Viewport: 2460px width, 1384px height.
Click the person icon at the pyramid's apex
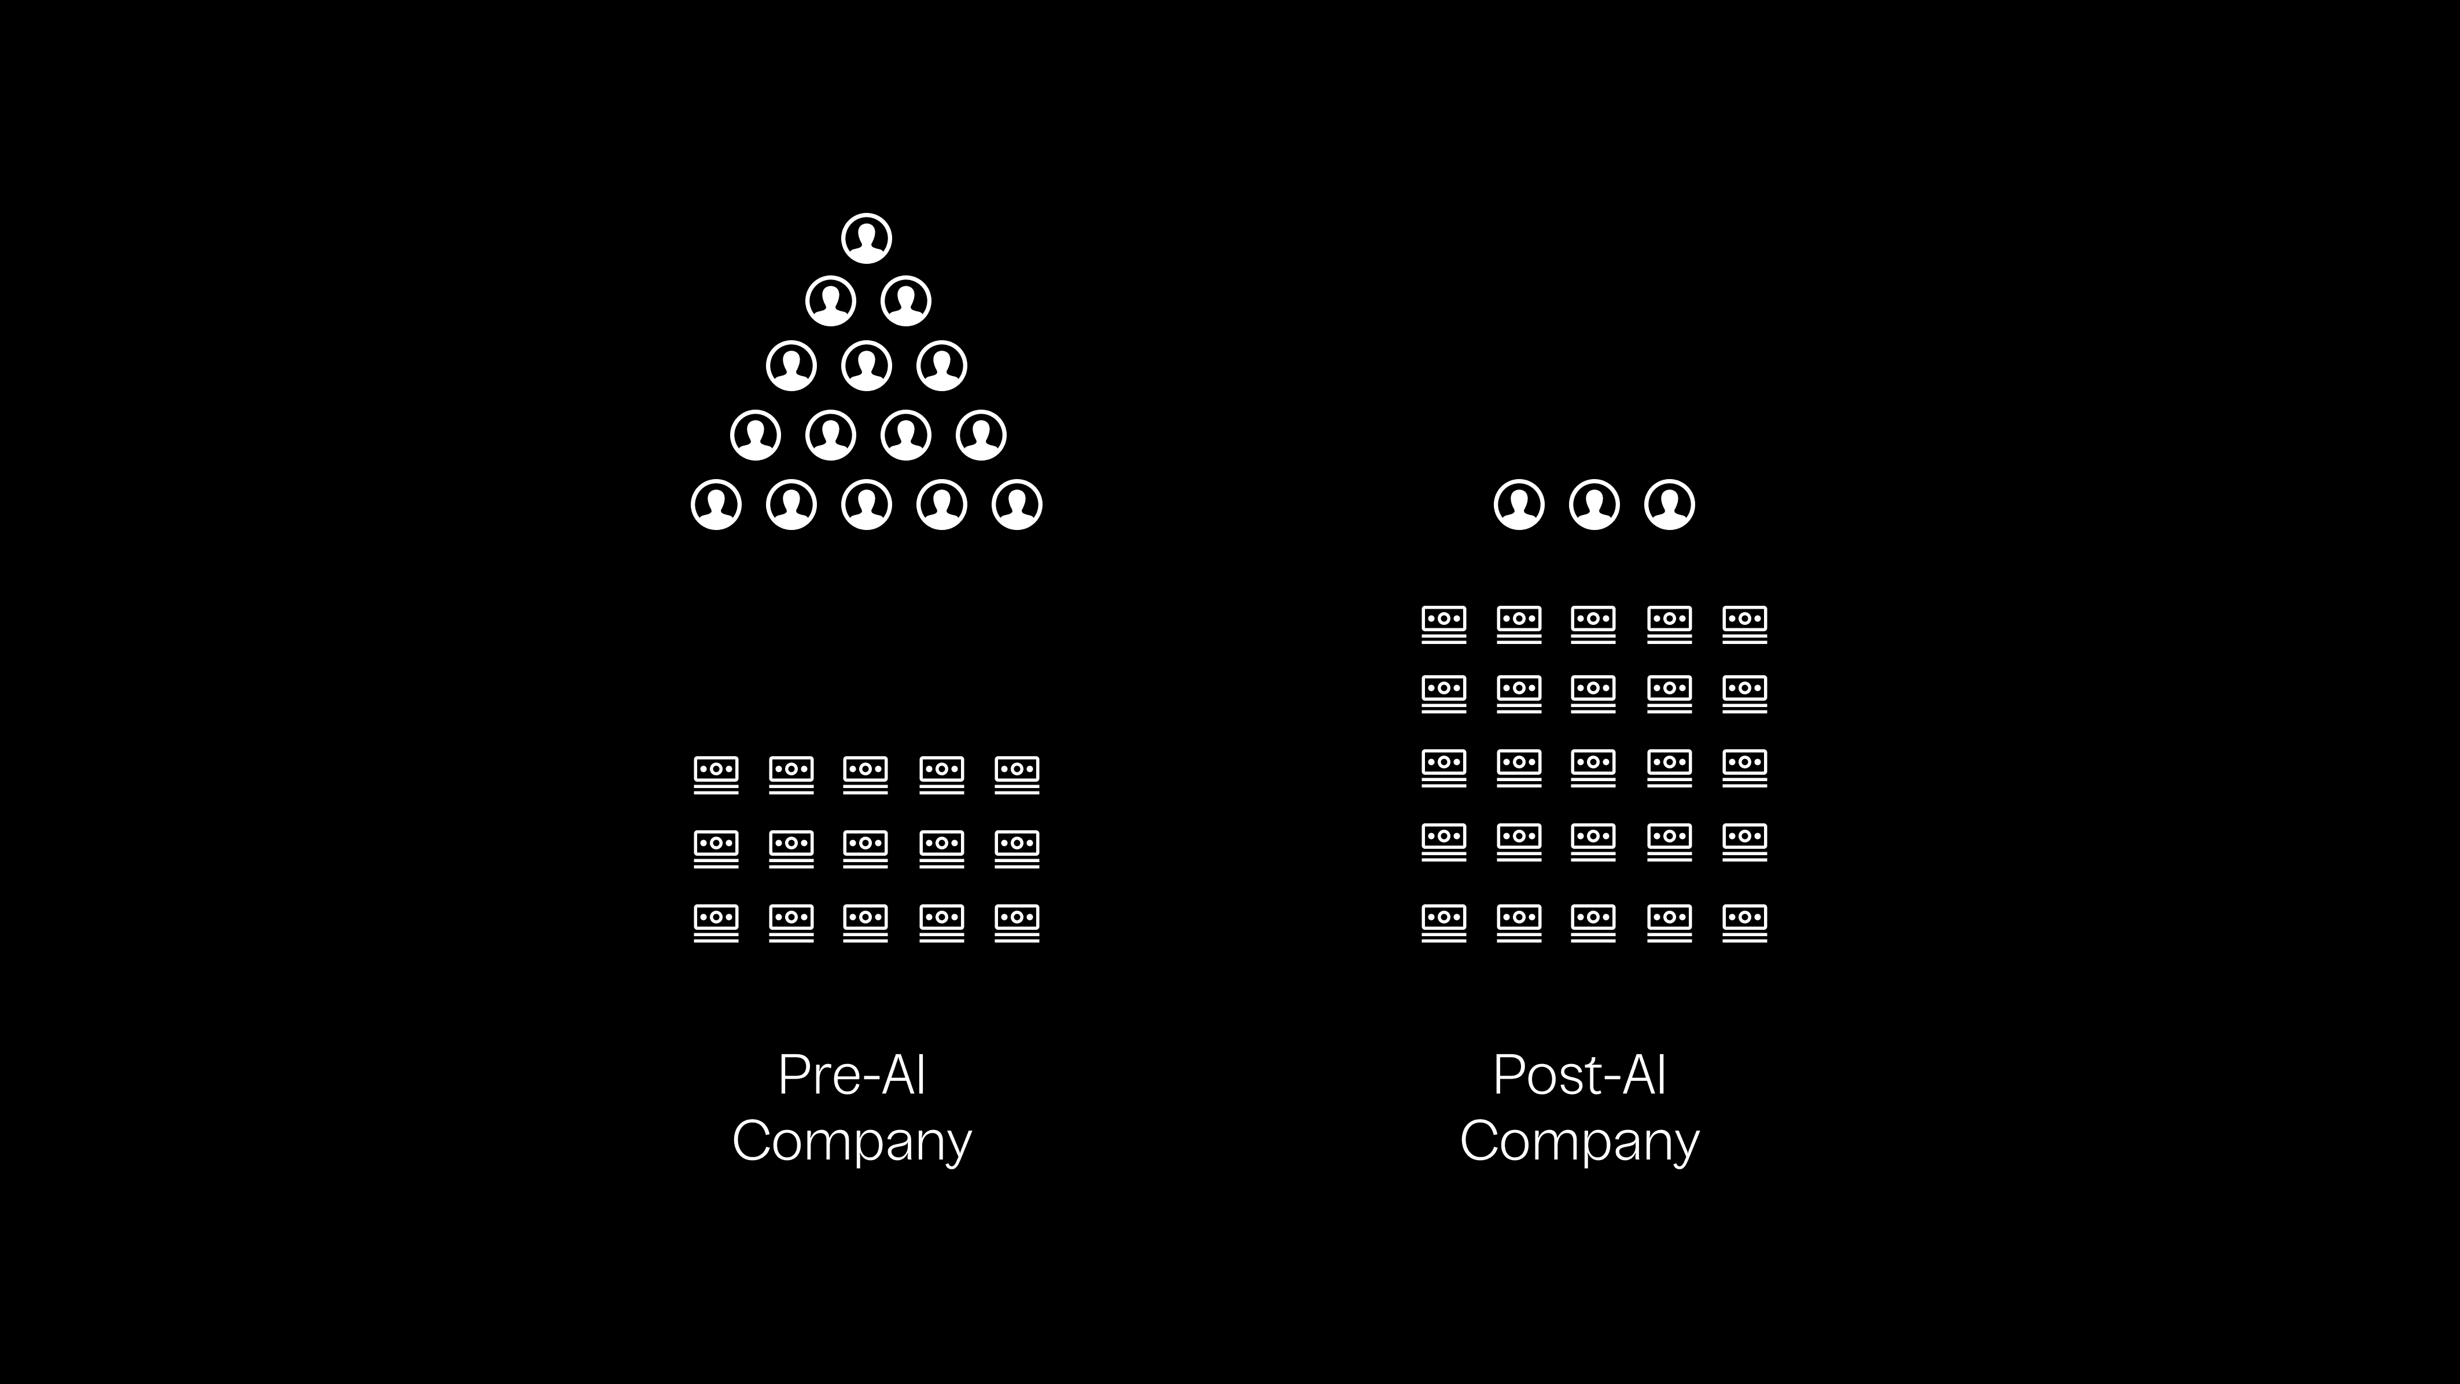[x=866, y=238]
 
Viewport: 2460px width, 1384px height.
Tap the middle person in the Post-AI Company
[x=1594, y=505]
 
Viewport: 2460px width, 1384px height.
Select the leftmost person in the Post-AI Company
[x=1518, y=505]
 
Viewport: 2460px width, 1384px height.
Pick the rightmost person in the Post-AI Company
[x=1669, y=505]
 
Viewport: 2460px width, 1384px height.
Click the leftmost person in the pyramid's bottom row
[x=716, y=505]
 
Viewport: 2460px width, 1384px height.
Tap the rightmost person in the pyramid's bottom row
[x=1017, y=505]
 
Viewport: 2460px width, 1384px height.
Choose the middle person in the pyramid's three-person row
[x=866, y=366]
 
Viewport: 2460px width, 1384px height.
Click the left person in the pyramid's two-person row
[x=830, y=301]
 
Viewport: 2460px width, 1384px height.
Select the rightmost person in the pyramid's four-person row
[x=981, y=435]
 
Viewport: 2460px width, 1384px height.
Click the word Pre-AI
[x=852, y=1076]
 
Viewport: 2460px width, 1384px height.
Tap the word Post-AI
[x=1579, y=1076]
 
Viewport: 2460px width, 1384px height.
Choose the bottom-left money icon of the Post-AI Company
[x=1444, y=923]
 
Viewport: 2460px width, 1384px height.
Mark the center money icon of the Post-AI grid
[x=1594, y=768]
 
